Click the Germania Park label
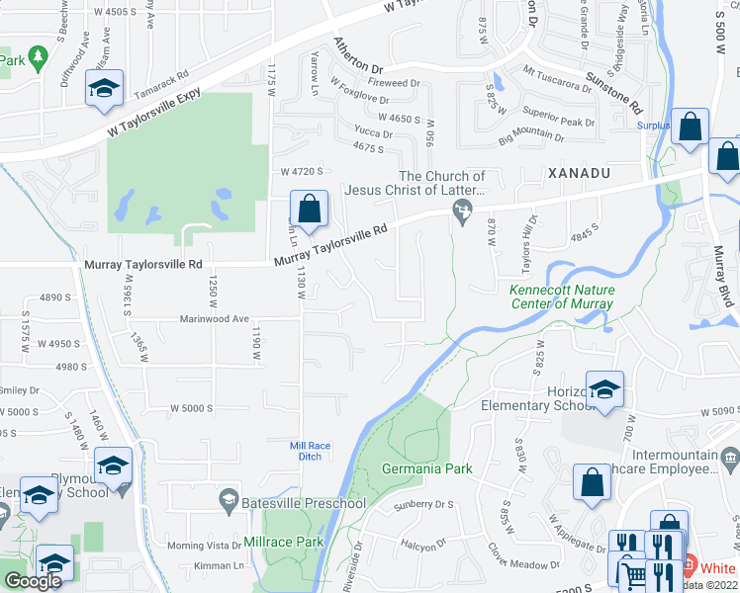click(x=427, y=468)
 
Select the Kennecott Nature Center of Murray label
click(x=561, y=296)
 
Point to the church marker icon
click(x=461, y=209)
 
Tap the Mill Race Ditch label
click(x=310, y=451)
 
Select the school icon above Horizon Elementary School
click(x=603, y=388)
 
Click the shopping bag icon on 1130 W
click(x=309, y=209)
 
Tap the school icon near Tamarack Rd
click(x=104, y=88)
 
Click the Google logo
click(x=33, y=581)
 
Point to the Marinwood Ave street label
click(x=213, y=319)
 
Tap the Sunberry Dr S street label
click(x=422, y=504)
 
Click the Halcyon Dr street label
click(x=426, y=545)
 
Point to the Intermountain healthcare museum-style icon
click(x=730, y=458)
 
